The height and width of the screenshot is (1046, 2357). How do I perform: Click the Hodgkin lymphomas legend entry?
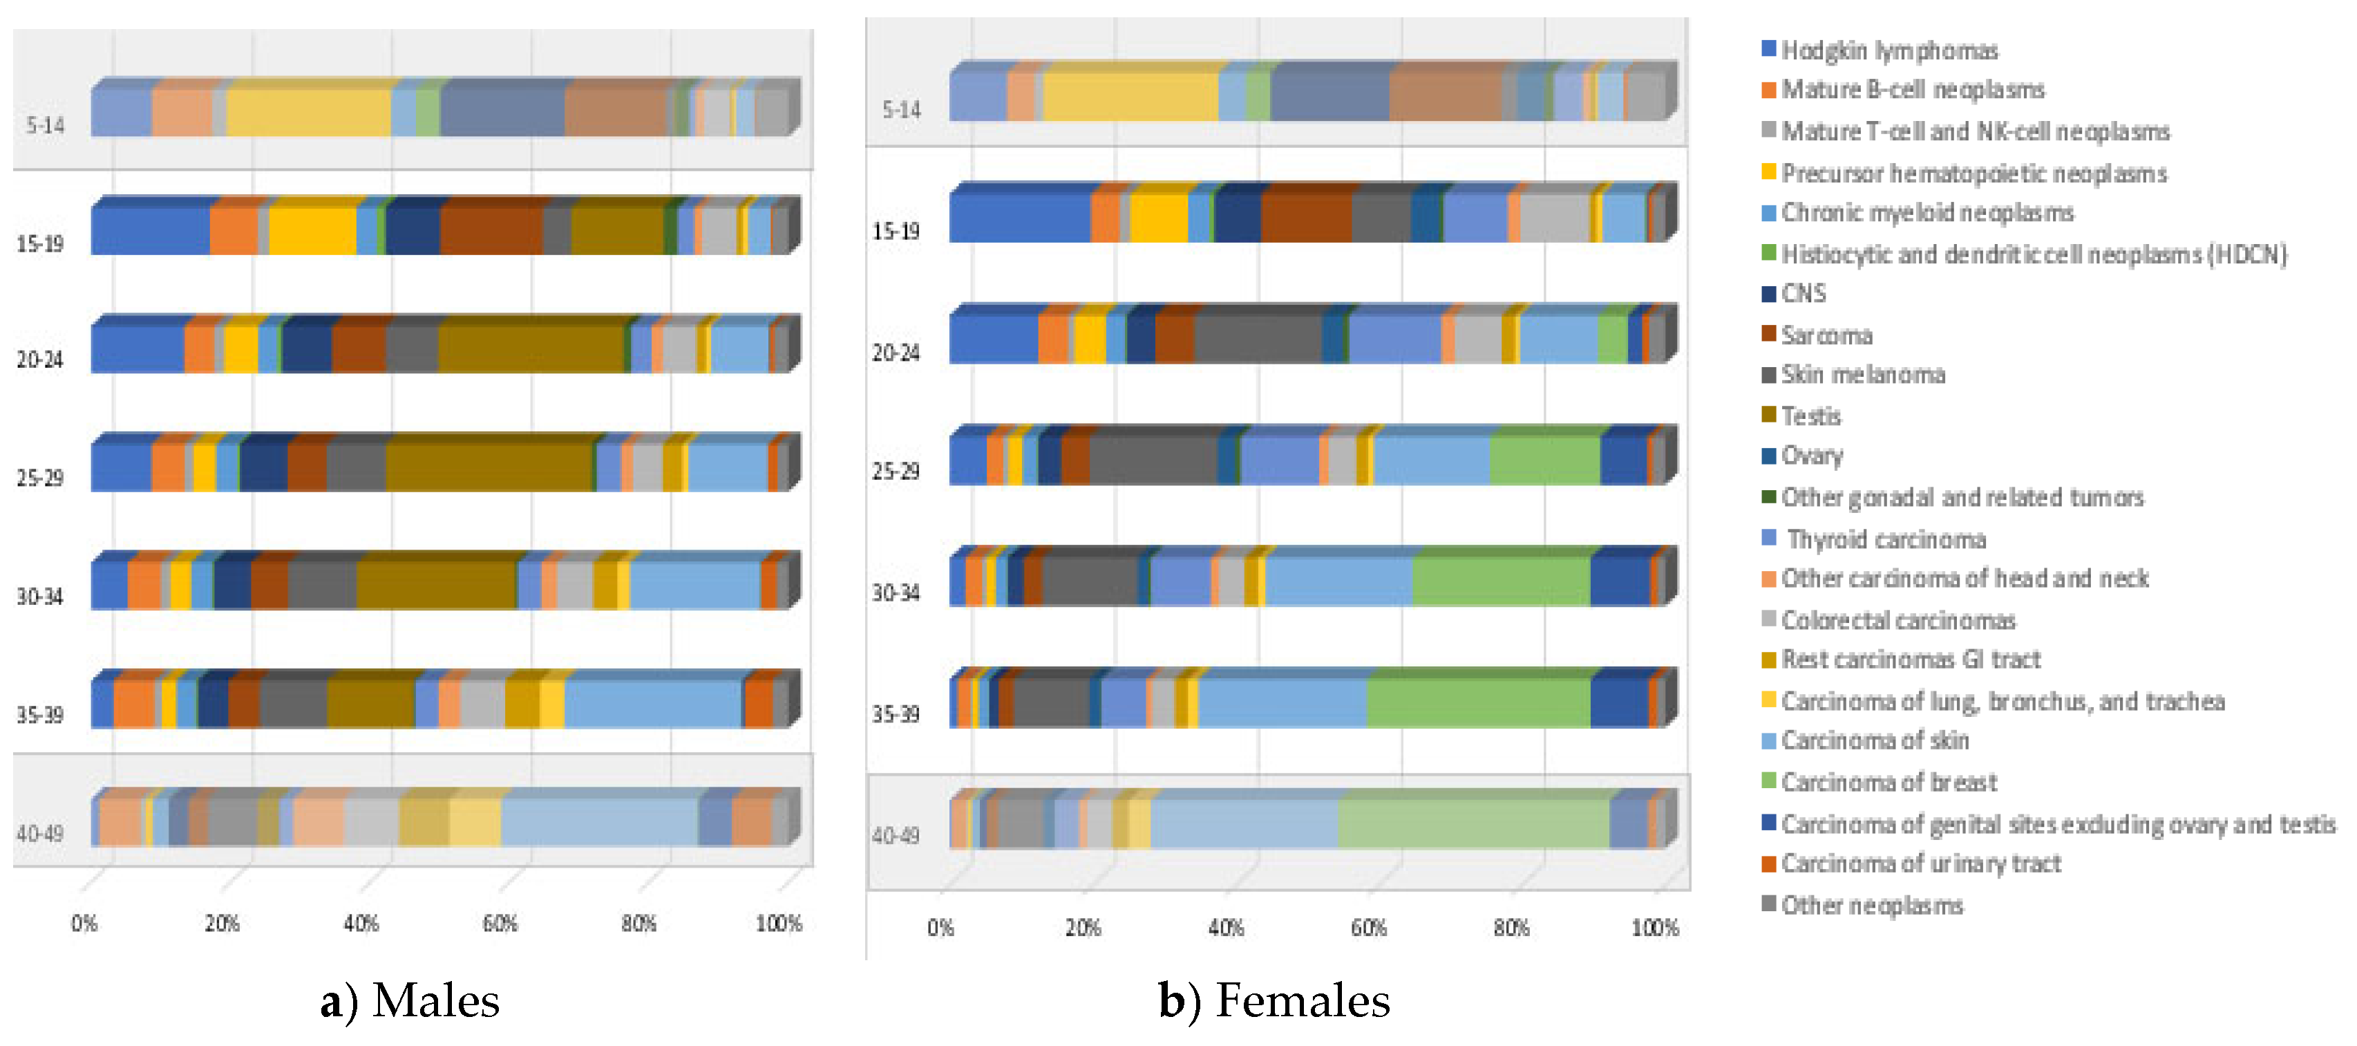tap(1889, 50)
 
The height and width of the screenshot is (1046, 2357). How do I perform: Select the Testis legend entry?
tap(1810, 416)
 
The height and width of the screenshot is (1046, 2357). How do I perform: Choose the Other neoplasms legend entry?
tap(1871, 906)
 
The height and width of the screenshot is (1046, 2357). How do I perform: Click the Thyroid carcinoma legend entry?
tap(1886, 540)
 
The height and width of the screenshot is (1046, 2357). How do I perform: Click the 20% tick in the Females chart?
tap(1082, 928)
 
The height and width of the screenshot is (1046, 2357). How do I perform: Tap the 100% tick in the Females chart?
tap(1654, 928)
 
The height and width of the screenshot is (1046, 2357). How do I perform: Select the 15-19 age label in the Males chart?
tap(39, 243)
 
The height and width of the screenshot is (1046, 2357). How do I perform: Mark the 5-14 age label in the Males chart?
tap(45, 125)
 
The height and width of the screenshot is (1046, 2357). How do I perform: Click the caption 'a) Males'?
tap(409, 1000)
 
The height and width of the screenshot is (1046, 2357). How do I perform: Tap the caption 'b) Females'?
tap(1274, 1000)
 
